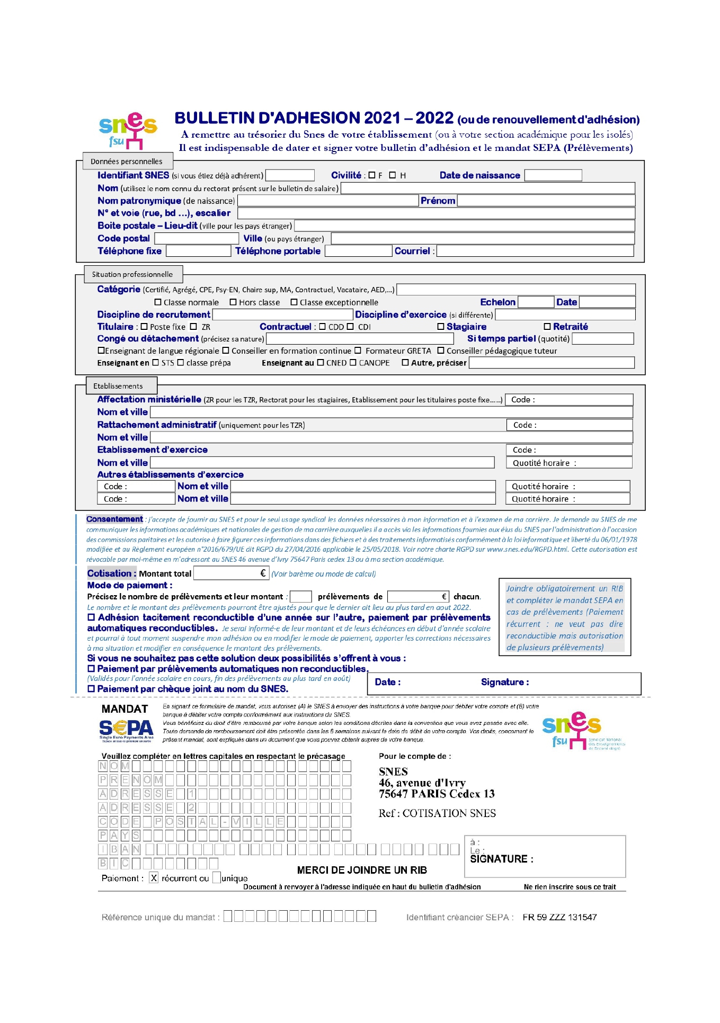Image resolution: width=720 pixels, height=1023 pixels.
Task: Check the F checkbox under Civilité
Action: click(x=372, y=175)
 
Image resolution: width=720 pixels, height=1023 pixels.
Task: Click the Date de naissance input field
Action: click(x=553, y=175)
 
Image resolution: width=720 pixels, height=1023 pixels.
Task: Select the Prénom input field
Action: click(x=546, y=201)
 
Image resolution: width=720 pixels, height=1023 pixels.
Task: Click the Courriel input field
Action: click(x=535, y=251)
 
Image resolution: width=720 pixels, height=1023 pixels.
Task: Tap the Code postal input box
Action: click(x=193, y=239)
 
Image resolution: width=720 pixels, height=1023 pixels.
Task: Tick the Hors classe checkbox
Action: click(x=233, y=302)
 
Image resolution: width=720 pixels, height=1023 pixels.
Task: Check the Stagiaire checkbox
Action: click(x=441, y=327)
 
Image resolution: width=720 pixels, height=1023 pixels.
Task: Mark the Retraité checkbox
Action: click(x=547, y=327)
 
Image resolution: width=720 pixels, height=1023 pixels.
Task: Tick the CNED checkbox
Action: click(x=321, y=363)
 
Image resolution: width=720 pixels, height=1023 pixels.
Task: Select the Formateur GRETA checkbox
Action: click(x=358, y=351)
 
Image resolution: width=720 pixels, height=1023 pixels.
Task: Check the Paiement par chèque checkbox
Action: click(x=91, y=689)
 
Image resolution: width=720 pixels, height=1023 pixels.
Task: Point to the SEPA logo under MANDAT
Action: click(x=126, y=730)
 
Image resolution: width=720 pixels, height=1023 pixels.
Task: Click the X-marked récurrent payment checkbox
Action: click(x=154, y=878)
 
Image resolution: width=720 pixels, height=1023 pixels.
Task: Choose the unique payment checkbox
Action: click(x=217, y=878)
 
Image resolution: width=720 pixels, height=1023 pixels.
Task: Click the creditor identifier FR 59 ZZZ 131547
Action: click(x=559, y=917)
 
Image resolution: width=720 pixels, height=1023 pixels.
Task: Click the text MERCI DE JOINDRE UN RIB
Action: click(x=362, y=870)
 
